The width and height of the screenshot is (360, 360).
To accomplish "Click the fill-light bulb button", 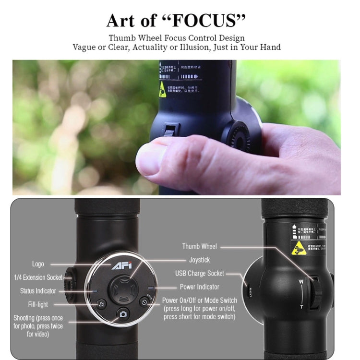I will pos(102,303).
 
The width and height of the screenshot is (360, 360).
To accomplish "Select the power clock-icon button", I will pos(143,302).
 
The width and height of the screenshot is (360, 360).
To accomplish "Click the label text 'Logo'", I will pos(38,264).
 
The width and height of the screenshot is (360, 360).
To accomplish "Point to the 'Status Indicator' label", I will pos(38,291).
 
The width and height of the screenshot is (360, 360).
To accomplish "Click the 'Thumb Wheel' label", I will pos(199,246).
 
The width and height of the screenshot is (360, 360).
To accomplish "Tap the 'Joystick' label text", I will pos(199,260).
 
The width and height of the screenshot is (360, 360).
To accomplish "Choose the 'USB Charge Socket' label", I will pos(199,274).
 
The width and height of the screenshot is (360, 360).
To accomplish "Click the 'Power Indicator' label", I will pos(199,287).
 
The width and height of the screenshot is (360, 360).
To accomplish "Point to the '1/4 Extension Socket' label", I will pos(38,277).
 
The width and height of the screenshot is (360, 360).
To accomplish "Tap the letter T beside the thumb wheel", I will pos(301,306).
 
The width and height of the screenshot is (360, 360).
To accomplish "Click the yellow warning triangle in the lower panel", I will pos(298,248).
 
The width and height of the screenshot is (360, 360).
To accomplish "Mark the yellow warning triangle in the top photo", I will pos(163,89).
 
